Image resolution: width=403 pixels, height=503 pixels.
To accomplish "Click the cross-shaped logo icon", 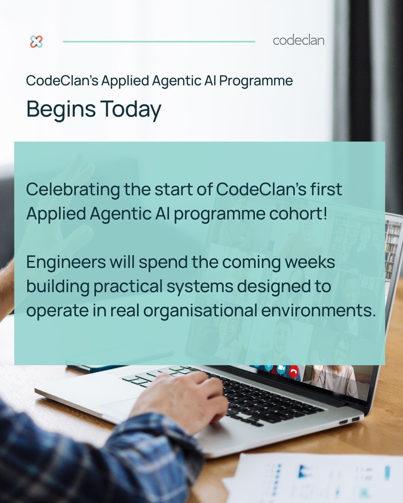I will [x=37, y=41].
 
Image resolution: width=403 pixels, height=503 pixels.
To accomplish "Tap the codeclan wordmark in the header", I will [x=298, y=41].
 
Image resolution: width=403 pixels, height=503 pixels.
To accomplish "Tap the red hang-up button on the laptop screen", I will [x=294, y=371].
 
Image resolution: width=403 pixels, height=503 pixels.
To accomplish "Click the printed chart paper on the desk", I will [x=319, y=478].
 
